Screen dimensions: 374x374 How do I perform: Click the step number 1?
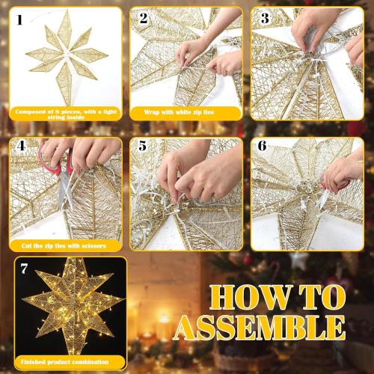(19, 20)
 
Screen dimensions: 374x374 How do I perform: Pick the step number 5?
(143, 147)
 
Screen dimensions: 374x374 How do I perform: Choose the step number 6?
(263, 147)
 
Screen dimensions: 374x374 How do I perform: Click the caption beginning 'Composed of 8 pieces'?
(64, 112)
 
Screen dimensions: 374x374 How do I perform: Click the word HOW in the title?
(248, 297)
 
